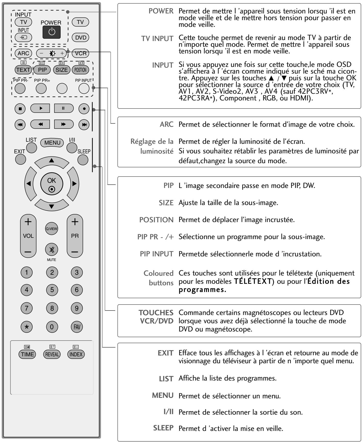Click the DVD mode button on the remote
[x=80, y=38]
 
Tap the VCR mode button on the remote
[x=80, y=53]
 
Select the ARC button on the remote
[x=23, y=53]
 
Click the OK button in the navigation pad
[x=52, y=184]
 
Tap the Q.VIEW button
[x=52, y=228]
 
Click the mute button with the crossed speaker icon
[x=52, y=250]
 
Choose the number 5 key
[x=52, y=290]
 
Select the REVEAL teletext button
[x=52, y=354]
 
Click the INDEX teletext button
[x=76, y=354]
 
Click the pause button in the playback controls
[x=63, y=108]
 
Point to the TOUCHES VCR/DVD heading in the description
[x=156, y=317]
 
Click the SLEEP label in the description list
[x=163, y=428]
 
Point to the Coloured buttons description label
[x=158, y=278]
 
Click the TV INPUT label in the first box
[x=157, y=39]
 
